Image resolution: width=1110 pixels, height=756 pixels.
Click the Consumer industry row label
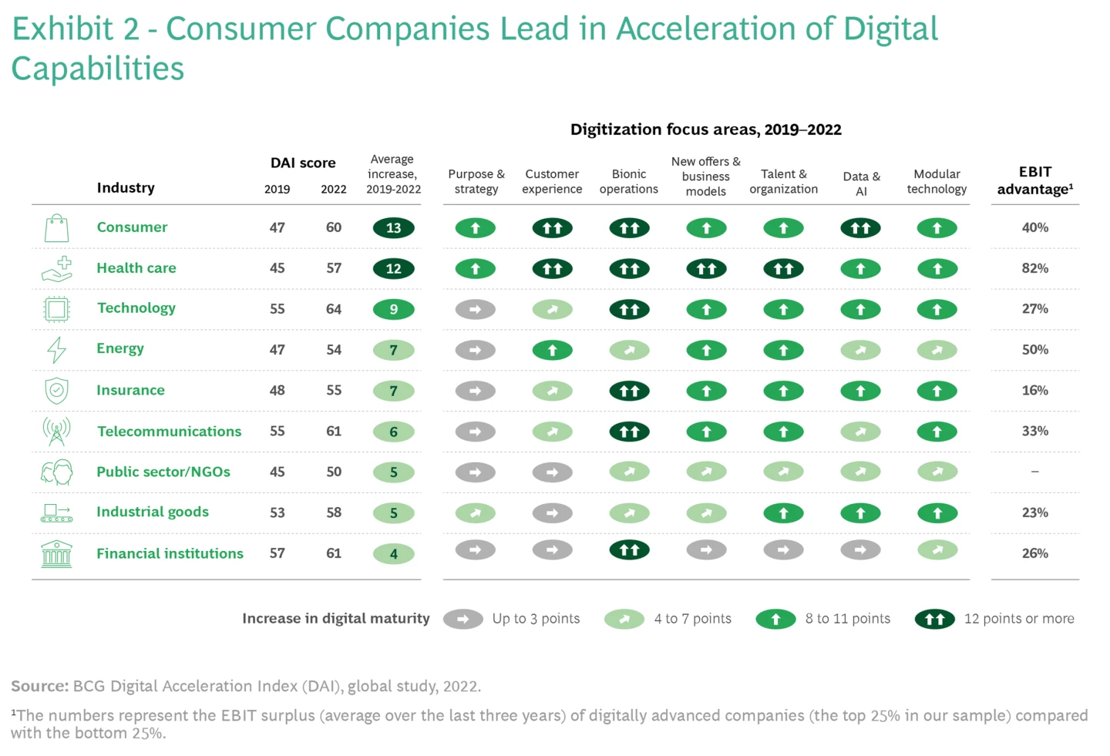coord(132,227)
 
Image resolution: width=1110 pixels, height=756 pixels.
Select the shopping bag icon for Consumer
coord(56,228)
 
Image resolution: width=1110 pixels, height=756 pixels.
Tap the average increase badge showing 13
coord(393,228)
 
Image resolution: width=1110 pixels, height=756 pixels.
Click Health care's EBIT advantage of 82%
coord(1034,268)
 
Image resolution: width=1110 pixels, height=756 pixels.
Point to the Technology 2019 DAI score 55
coord(277,309)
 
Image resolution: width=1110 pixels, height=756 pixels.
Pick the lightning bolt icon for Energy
coord(56,350)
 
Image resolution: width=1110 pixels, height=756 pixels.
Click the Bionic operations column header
coord(629,182)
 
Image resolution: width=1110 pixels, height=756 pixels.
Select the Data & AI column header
coord(861,183)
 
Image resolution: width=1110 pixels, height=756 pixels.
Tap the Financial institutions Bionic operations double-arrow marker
coord(629,550)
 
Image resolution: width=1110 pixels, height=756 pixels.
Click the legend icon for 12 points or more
coord(934,619)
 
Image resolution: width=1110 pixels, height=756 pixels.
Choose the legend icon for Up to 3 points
coord(463,619)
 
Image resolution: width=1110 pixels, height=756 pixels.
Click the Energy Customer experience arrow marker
coord(552,351)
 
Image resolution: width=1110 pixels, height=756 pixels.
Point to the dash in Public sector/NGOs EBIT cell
coord(1034,472)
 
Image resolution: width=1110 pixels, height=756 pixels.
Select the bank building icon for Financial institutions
coord(56,554)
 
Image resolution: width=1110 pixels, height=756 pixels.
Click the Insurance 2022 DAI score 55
coord(334,391)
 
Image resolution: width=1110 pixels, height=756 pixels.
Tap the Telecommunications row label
coord(169,432)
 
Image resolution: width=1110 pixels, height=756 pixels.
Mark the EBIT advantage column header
coord(1034,181)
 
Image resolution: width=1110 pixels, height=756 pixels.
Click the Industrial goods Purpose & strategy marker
coord(476,513)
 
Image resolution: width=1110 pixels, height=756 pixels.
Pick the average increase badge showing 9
coord(393,309)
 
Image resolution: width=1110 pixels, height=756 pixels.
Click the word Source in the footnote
coord(39,686)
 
